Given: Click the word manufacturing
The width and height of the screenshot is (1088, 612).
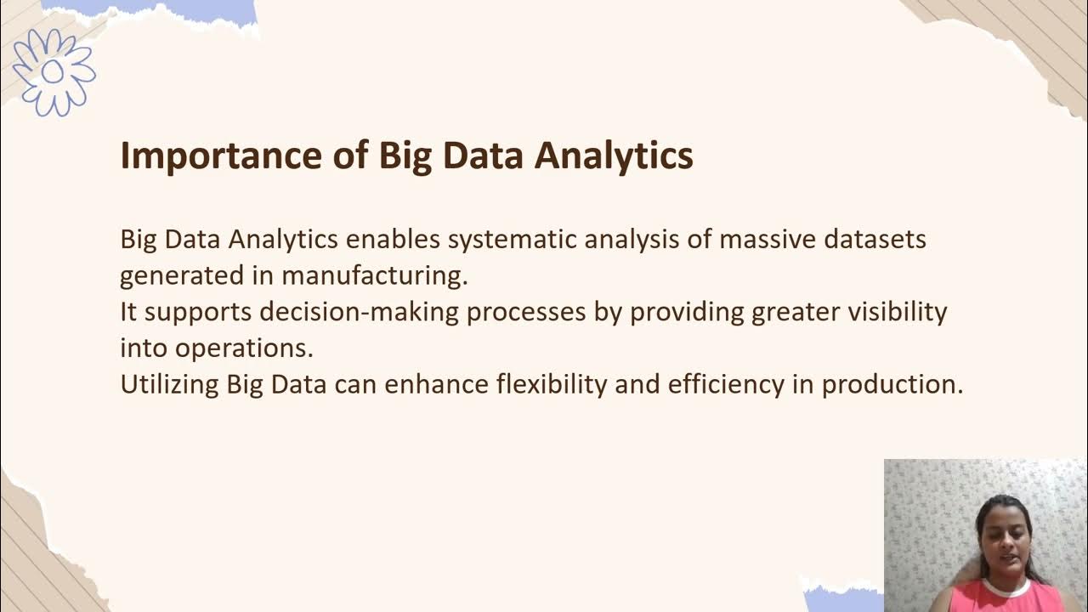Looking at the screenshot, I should pyautogui.click(x=374, y=276).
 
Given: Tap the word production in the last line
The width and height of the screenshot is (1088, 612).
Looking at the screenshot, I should pyautogui.click(x=892, y=384).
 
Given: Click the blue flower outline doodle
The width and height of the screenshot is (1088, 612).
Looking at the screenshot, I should pyautogui.click(x=54, y=71).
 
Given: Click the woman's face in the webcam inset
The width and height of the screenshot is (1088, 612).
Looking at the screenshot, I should pyautogui.click(x=1003, y=541).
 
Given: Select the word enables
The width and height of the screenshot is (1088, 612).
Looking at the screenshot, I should pyautogui.click(x=393, y=240).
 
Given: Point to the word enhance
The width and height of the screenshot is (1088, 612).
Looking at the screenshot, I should pyautogui.click(x=436, y=384).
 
